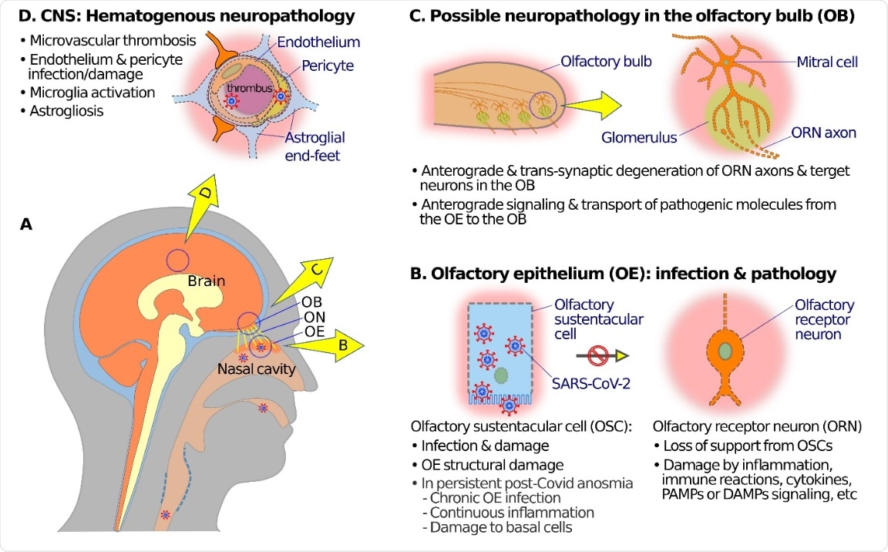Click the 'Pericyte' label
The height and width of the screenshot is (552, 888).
[x=328, y=66]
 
